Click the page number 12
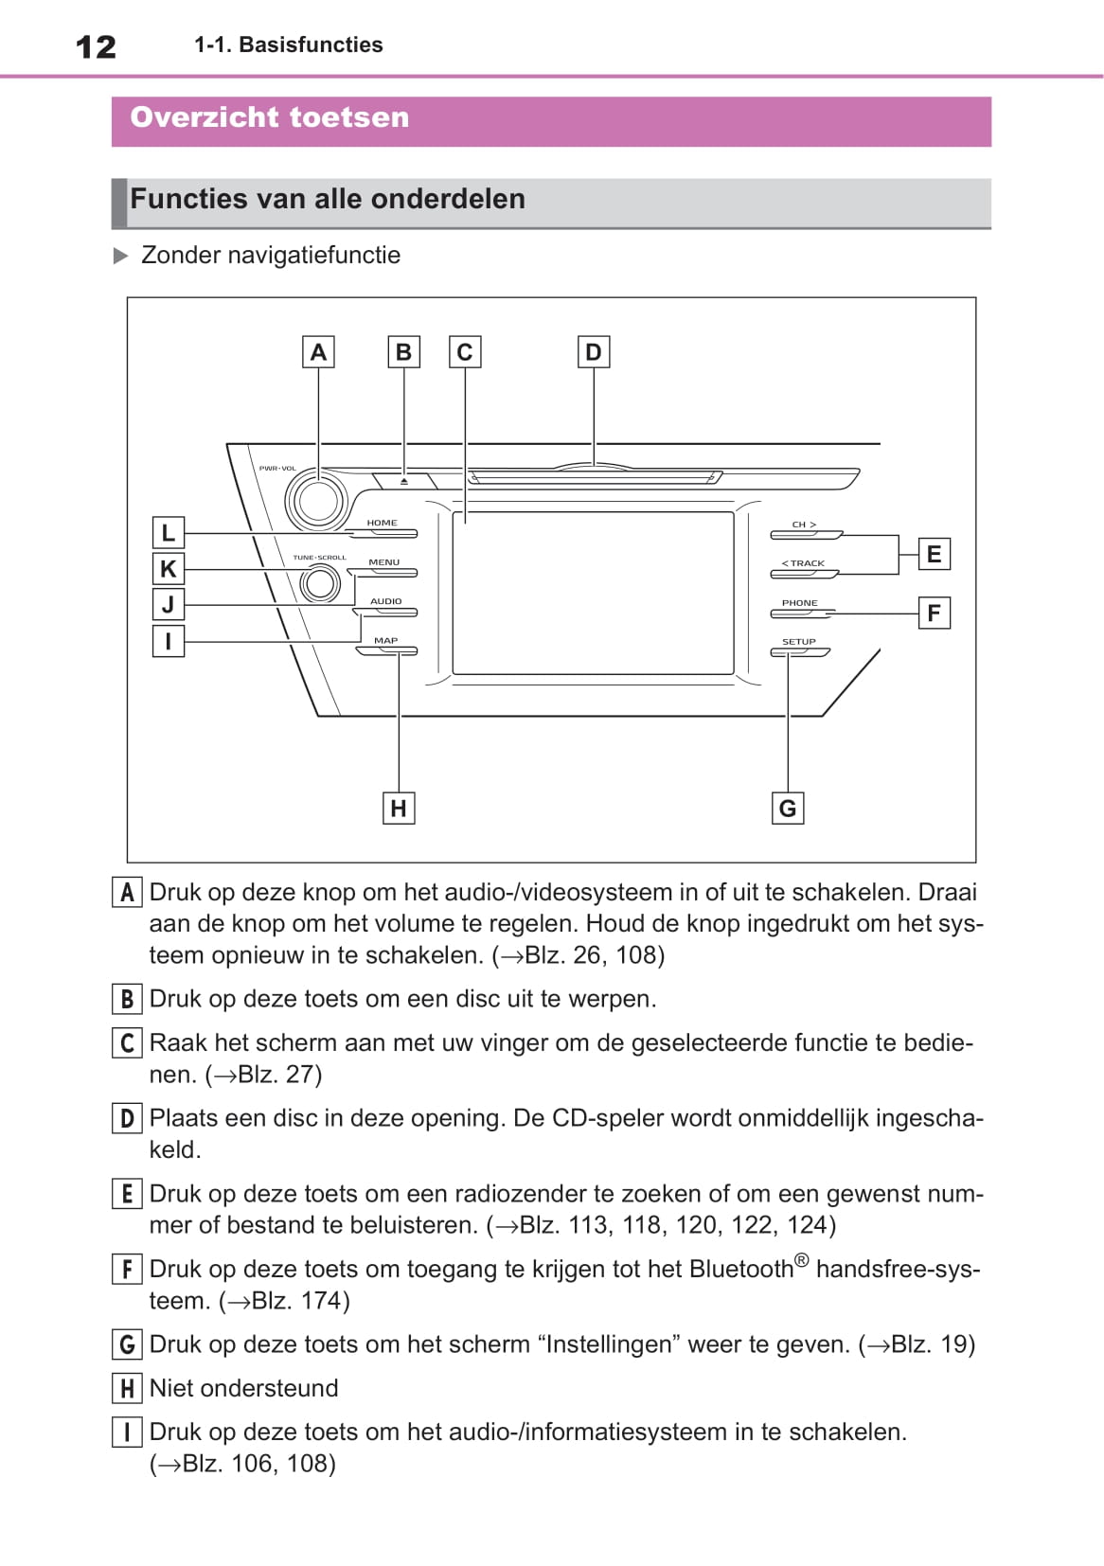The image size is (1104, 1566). tap(96, 46)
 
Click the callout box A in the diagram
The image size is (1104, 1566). tap(318, 352)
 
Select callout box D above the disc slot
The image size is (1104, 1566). tap(594, 352)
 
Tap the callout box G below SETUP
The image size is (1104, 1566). tap(788, 809)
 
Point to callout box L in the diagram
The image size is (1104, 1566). tap(169, 532)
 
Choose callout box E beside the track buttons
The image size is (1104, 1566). tap(934, 554)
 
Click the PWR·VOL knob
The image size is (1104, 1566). tap(316, 499)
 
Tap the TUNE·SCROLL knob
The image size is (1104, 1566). tap(319, 584)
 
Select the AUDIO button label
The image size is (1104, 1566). tap(385, 601)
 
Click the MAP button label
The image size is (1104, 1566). tap(385, 641)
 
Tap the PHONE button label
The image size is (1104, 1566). tap(799, 603)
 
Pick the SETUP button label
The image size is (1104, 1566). tap(798, 642)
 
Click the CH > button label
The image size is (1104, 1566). tap(804, 525)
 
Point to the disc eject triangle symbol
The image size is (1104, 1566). tap(404, 481)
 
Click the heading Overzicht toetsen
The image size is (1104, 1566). tap(270, 117)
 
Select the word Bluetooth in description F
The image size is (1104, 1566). tap(741, 1270)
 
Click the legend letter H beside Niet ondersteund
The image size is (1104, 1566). tap(127, 1389)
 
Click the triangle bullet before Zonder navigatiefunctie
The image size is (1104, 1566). tap(120, 256)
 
